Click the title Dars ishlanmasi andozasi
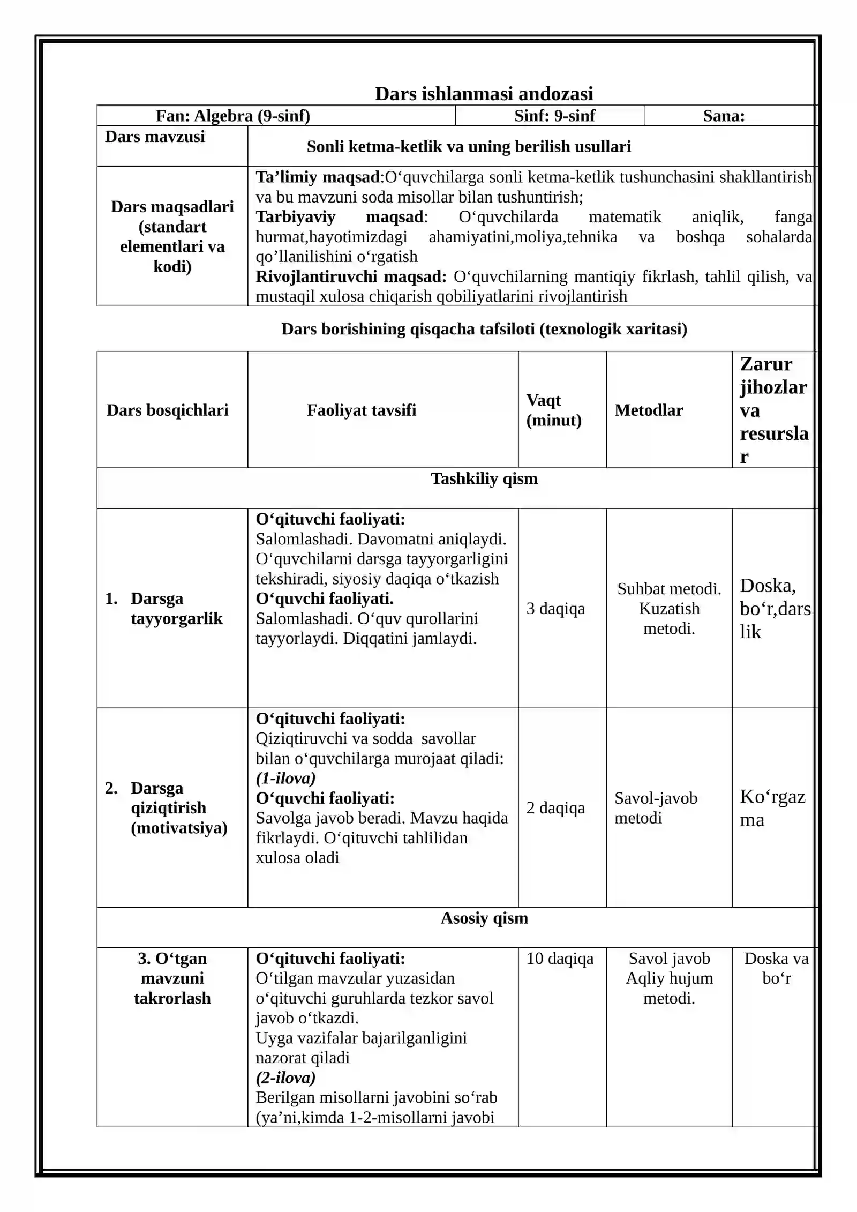coord(484,94)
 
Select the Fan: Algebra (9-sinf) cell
coord(233,116)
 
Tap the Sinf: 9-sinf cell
coord(554,116)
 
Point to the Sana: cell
coord(724,116)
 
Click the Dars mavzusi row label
coord(155,137)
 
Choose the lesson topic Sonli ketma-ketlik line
coord(469,146)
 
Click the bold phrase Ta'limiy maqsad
coord(318,177)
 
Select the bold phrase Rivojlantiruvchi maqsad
coord(351,276)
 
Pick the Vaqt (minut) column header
coord(554,410)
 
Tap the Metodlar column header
coord(649,410)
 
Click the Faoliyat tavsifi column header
coord(361,410)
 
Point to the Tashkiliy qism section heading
coord(484,478)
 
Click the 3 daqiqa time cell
coord(555,609)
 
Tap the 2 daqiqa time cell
coord(555,808)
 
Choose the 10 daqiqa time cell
coord(560,959)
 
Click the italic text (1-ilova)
coord(285,778)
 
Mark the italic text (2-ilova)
coord(285,1078)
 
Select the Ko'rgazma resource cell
coord(772,808)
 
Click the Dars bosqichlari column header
coord(167,410)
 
